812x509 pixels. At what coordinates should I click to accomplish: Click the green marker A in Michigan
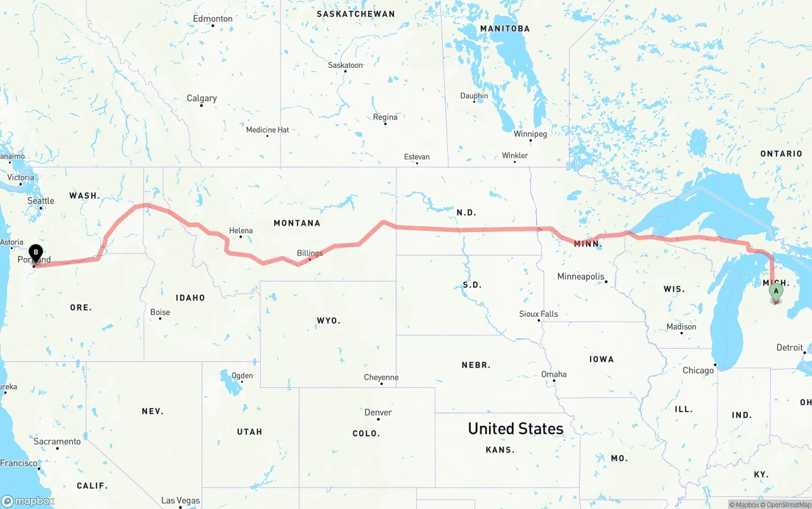(775, 292)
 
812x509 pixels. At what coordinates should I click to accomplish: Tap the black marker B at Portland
(36, 254)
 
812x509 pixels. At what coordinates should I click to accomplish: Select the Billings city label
(310, 253)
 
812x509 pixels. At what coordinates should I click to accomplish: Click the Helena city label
(241, 231)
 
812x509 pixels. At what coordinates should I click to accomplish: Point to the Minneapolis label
(580, 276)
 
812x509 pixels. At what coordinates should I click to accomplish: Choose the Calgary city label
(202, 98)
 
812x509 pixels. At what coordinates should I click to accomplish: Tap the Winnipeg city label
(530, 134)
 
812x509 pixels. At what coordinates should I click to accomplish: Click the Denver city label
(378, 412)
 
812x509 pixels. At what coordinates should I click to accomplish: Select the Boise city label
(160, 312)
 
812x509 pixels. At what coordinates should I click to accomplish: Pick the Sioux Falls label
(539, 314)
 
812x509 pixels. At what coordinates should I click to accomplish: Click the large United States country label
(515, 428)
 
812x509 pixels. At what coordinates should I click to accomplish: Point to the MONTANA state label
(297, 223)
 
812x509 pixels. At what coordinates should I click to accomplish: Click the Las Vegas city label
(181, 500)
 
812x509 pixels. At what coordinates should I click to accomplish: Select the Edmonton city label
(213, 19)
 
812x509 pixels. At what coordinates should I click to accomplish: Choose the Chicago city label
(698, 370)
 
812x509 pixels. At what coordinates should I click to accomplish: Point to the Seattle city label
(41, 201)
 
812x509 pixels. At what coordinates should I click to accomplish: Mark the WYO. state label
(329, 321)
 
